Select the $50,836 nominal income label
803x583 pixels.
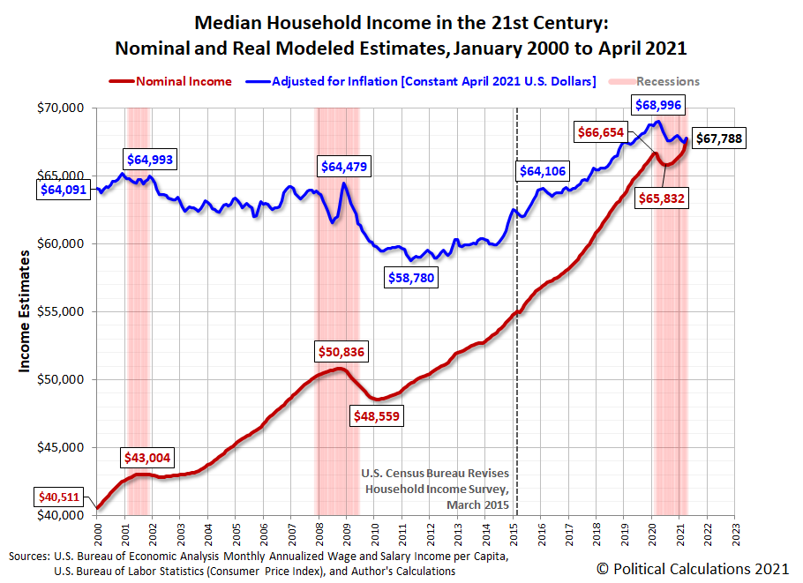pos(341,352)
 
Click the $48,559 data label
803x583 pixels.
pos(377,415)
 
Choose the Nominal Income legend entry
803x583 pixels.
pos(173,81)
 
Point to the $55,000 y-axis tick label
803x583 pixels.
pos(61,311)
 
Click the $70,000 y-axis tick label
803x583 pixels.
pos(61,108)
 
